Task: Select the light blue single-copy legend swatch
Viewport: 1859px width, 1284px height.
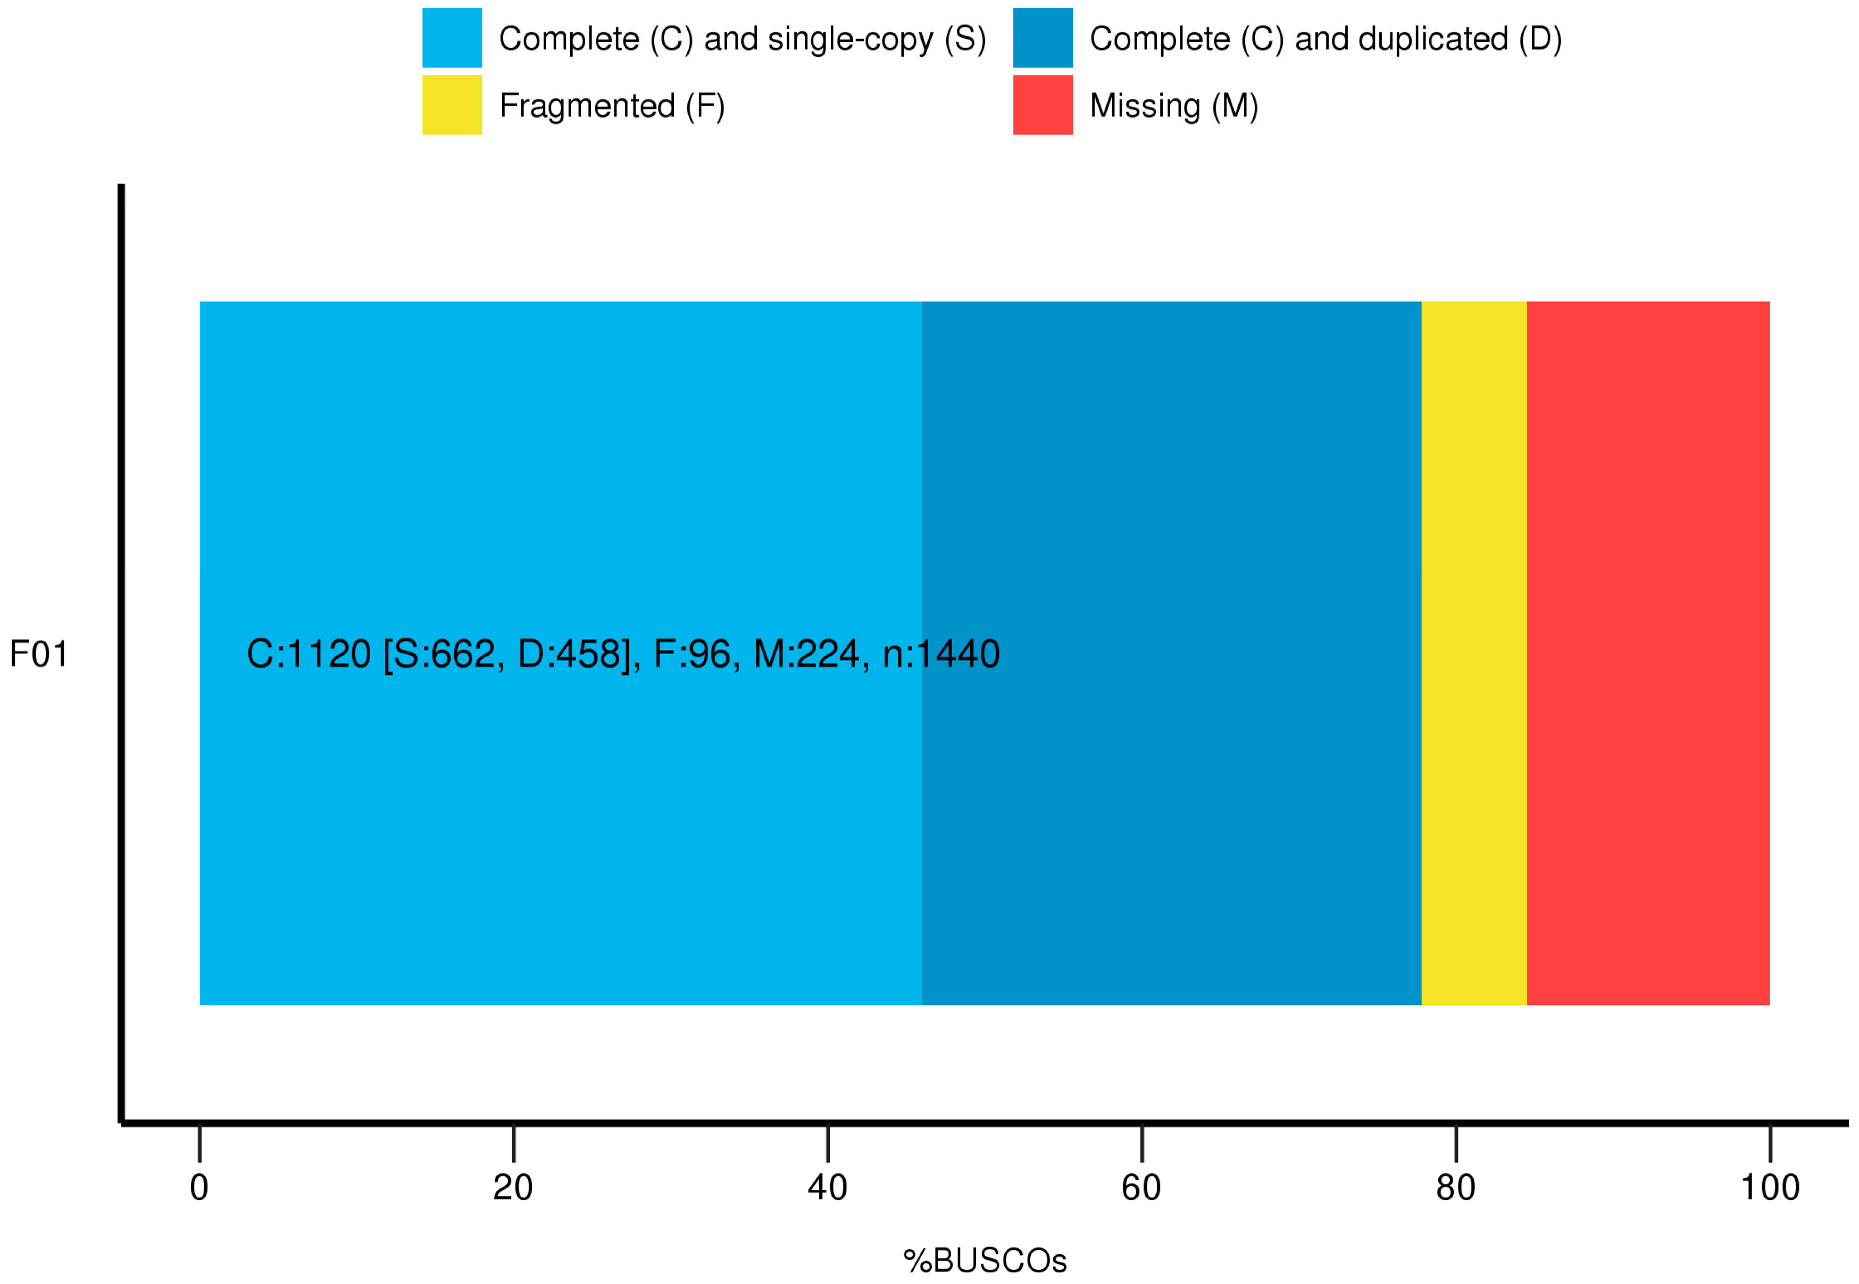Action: pos(452,38)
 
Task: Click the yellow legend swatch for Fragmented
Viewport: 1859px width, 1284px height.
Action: pos(452,105)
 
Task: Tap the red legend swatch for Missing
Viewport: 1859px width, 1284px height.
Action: pos(1043,105)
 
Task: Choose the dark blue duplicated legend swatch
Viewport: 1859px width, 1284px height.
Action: pos(1043,38)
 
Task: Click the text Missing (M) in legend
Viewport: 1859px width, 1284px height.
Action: pos(1173,105)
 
